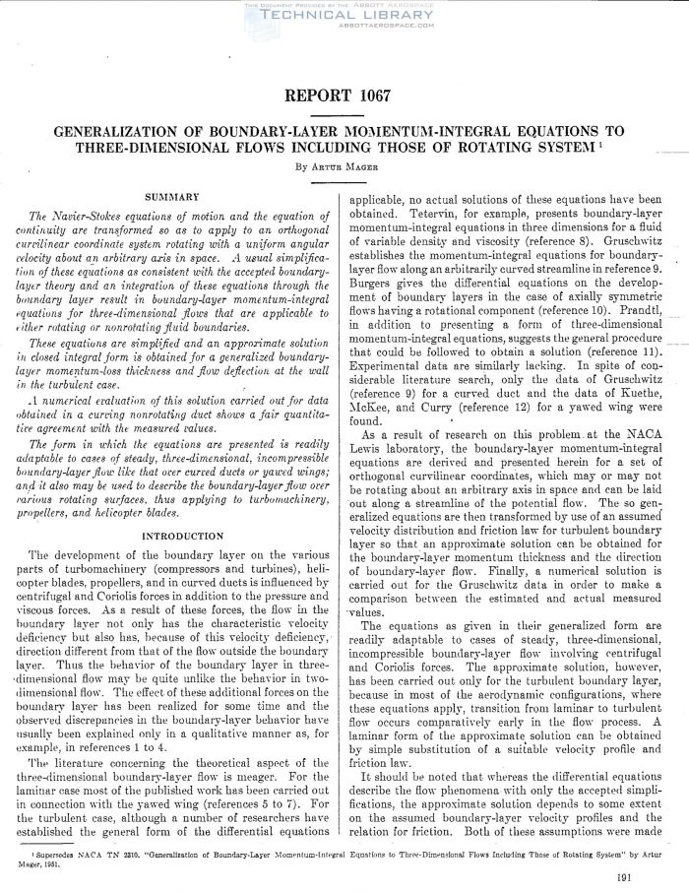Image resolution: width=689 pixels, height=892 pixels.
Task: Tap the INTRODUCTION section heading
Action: tap(172, 536)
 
